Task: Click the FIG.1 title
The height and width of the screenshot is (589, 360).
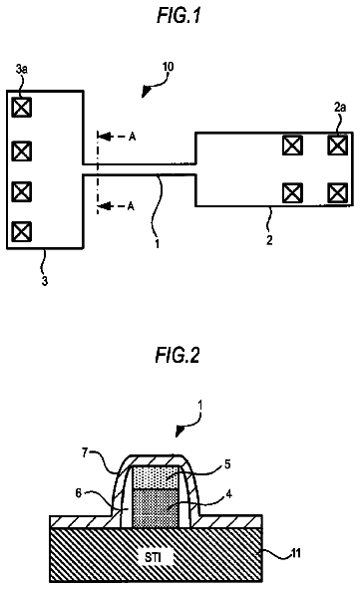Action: click(179, 15)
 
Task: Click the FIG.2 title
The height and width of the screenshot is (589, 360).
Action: click(178, 355)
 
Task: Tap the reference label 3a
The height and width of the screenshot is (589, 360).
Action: click(21, 69)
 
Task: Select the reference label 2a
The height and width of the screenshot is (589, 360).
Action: click(340, 108)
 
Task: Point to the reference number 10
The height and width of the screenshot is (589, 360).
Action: click(168, 67)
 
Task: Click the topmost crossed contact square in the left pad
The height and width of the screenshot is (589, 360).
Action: click(21, 108)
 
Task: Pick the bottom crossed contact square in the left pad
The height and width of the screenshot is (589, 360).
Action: click(21, 231)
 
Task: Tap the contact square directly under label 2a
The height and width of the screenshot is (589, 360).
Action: click(337, 145)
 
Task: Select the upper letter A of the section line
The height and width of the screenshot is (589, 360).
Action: click(132, 137)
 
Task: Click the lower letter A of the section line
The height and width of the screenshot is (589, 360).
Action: click(131, 206)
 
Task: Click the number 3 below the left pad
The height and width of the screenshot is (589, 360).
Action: click(45, 281)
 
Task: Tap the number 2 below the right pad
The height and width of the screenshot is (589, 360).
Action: click(269, 240)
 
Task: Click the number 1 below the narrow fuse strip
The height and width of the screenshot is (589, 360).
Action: click(158, 244)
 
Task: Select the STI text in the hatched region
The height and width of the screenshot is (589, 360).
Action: click(154, 557)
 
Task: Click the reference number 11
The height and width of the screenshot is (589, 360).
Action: click(296, 553)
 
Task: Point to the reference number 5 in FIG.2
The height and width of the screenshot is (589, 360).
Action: click(227, 464)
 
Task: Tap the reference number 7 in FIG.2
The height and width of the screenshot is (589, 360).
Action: click(86, 453)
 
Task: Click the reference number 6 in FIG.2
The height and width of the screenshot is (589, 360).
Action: click(78, 493)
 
